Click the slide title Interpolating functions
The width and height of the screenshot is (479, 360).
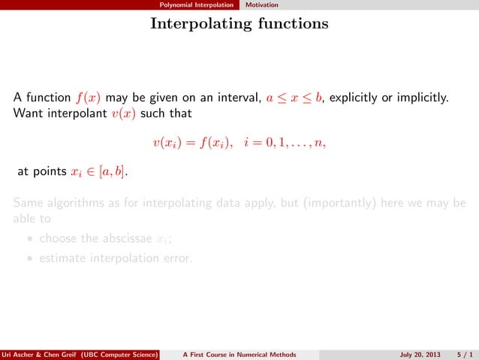coord(239,24)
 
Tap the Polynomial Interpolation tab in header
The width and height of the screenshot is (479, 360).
coord(201,5)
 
